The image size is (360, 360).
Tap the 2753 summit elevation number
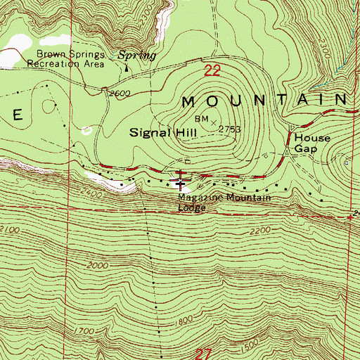tap(230, 129)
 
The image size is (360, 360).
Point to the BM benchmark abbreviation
tap(202, 118)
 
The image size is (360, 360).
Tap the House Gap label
tap(311, 143)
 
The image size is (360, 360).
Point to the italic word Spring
tap(136, 53)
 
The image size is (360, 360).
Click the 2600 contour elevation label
tap(120, 94)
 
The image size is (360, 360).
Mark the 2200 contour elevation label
tap(259, 231)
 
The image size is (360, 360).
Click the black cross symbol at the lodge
tap(182, 186)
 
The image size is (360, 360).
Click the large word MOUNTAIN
tap(264, 101)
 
